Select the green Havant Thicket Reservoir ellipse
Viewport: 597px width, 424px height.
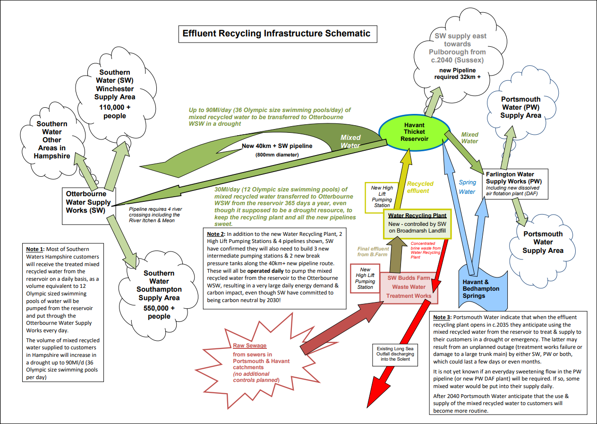pos(414,131)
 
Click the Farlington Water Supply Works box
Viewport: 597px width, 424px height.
pos(514,184)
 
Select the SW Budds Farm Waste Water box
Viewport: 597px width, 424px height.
pos(409,287)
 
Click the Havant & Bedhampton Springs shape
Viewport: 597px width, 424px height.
pos(481,288)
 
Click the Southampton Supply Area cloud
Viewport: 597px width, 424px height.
pos(159,293)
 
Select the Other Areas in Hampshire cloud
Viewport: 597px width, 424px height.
pos(52,139)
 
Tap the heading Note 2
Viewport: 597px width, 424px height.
pos(216,234)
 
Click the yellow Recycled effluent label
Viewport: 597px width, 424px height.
pos(420,187)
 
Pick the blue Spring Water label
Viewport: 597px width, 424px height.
pos(467,187)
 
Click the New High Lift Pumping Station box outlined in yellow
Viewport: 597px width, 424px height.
pos(382,196)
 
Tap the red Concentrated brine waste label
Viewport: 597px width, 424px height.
pos(429,251)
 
